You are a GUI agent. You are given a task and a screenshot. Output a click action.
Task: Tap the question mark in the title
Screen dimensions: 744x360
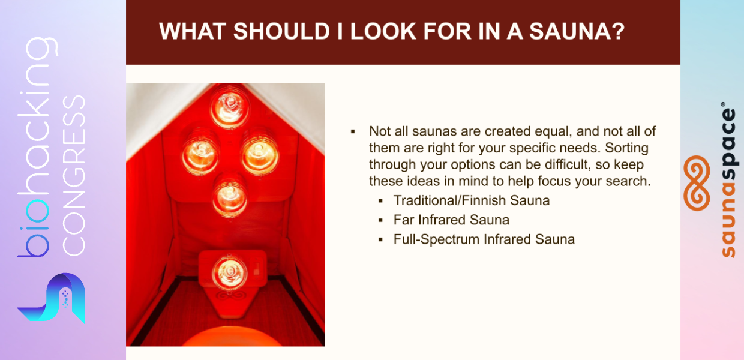click(x=619, y=32)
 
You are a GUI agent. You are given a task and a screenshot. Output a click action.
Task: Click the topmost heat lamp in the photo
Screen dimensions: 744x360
click(x=229, y=107)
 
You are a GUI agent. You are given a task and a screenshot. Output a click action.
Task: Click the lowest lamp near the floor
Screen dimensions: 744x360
click(x=230, y=272)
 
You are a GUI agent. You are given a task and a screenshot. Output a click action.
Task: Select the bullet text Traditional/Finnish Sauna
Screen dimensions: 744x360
click(x=472, y=200)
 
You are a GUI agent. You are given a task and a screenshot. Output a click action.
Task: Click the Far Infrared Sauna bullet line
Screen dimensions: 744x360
click(x=451, y=220)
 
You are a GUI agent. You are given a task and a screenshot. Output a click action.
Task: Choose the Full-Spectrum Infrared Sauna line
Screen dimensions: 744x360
click(x=484, y=239)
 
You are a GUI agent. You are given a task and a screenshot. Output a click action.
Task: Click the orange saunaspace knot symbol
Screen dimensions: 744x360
click(x=697, y=183)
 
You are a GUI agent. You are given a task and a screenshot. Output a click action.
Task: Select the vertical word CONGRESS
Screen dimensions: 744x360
click(x=74, y=176)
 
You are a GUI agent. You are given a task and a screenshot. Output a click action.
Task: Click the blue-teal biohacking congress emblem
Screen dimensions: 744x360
click(x=52, y=298)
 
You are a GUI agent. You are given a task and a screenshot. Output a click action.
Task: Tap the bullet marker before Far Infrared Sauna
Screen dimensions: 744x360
click(x=380, y=220)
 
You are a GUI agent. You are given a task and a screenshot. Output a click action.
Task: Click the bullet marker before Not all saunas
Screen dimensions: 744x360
click(x=353, y=132)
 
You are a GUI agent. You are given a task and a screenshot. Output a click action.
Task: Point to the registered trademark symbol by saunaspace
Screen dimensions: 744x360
click(x=723, y=104)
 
